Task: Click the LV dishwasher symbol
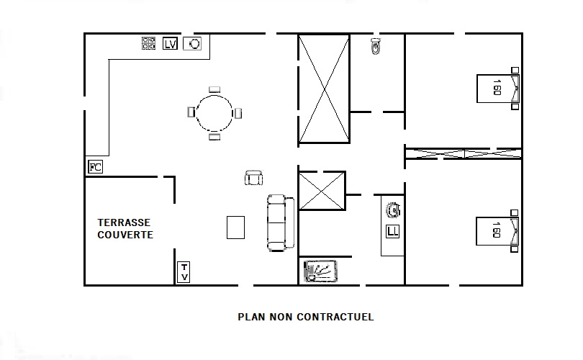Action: tap(171, 43)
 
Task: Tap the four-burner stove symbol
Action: tap(148, 43)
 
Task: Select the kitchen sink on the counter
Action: tap(192, 43)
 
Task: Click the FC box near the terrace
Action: tap(95, 166)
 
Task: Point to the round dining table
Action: tap(214, 113)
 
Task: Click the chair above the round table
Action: tap(214, 89)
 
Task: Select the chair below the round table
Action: tap(214, 137)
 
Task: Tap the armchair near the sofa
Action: tap(253, 178)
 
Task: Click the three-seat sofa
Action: tap(281, 222)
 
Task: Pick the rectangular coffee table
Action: tap(236, 228)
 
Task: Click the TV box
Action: tap(184, 272)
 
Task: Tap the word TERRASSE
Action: tap(124, 222)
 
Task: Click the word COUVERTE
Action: tap(125, 235)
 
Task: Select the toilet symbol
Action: tap(376, 46)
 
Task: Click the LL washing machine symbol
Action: tap(393, 231)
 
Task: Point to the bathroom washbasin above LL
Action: tap(393, 210)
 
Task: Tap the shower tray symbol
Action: tap(320, 271)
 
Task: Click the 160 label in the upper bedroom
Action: tap(497, 87)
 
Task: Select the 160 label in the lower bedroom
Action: tap(496, 230)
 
